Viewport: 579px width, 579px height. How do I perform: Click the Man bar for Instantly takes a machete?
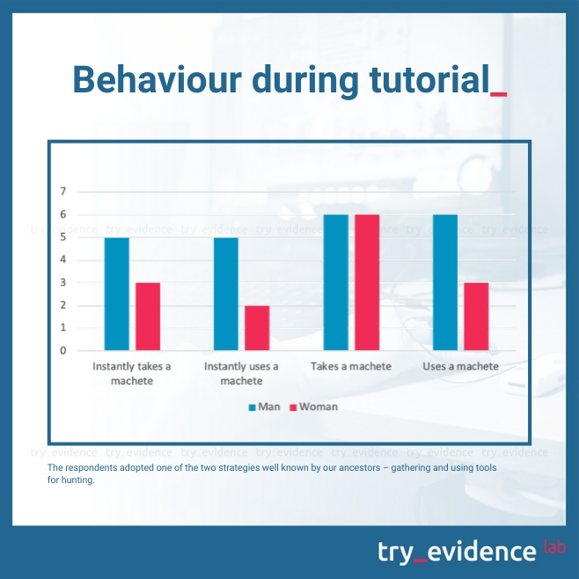click(117, 294)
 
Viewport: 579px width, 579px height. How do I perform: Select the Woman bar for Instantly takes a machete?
click(148, 317)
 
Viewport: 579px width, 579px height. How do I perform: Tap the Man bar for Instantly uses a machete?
click(226, 294)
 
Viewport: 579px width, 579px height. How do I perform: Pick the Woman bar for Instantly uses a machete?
click(257, 328)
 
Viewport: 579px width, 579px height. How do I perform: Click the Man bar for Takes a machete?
click(335, 282)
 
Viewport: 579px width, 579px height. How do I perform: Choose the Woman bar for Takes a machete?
click(367, 282)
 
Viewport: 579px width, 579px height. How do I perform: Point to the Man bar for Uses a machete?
click(445, 282)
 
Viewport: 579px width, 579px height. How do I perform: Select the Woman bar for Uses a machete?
click(476, 317)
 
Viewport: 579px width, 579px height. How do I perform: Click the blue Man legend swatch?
click(253, 407)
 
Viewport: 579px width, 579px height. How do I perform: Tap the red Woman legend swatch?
click(293, 407)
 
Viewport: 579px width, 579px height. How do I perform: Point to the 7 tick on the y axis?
click(63, 191)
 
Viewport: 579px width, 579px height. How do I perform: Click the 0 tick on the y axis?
click(63, 350)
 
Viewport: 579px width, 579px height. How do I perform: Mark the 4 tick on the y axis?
click(63, 260)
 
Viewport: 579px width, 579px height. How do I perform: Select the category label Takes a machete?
click(351, 366)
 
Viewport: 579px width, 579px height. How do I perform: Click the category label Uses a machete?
click(460, 366)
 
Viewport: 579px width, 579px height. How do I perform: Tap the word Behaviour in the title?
click(158, 80)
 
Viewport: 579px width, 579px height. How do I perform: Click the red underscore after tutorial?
click(499, 95)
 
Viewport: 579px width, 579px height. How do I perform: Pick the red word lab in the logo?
click(554, 546)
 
